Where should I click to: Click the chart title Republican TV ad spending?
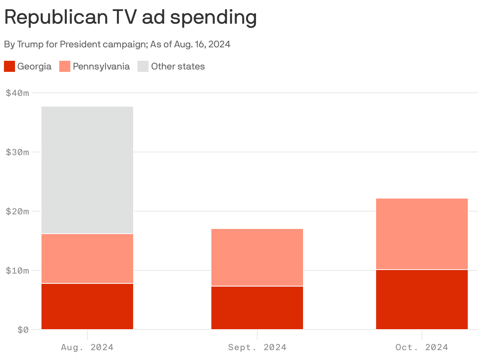point(130,17)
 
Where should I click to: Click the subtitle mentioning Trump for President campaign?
point(117,44)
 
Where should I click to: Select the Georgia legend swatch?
point(9,66)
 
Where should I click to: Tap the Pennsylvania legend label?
point(101,66)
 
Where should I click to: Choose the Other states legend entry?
point(178,66)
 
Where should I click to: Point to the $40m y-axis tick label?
point(18,93)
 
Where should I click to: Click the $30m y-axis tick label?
point(18,152)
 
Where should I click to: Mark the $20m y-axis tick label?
point(18,212)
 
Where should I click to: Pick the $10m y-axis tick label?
point(18,271)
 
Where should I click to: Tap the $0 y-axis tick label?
point(23,330)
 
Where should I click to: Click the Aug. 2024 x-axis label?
point(87,347)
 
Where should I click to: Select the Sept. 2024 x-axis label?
point(257,347)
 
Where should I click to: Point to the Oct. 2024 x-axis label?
point(422,347)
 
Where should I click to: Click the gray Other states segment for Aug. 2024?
point(87,170)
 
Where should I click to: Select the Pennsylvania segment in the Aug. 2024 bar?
point(87,259)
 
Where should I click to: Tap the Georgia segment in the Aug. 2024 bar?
point(87,306)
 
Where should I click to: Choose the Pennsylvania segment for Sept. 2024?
point(257,257)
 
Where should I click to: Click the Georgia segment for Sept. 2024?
point(257,308)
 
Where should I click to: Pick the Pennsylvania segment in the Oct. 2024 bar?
point(422,234)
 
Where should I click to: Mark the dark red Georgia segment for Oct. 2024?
point(422,300)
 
